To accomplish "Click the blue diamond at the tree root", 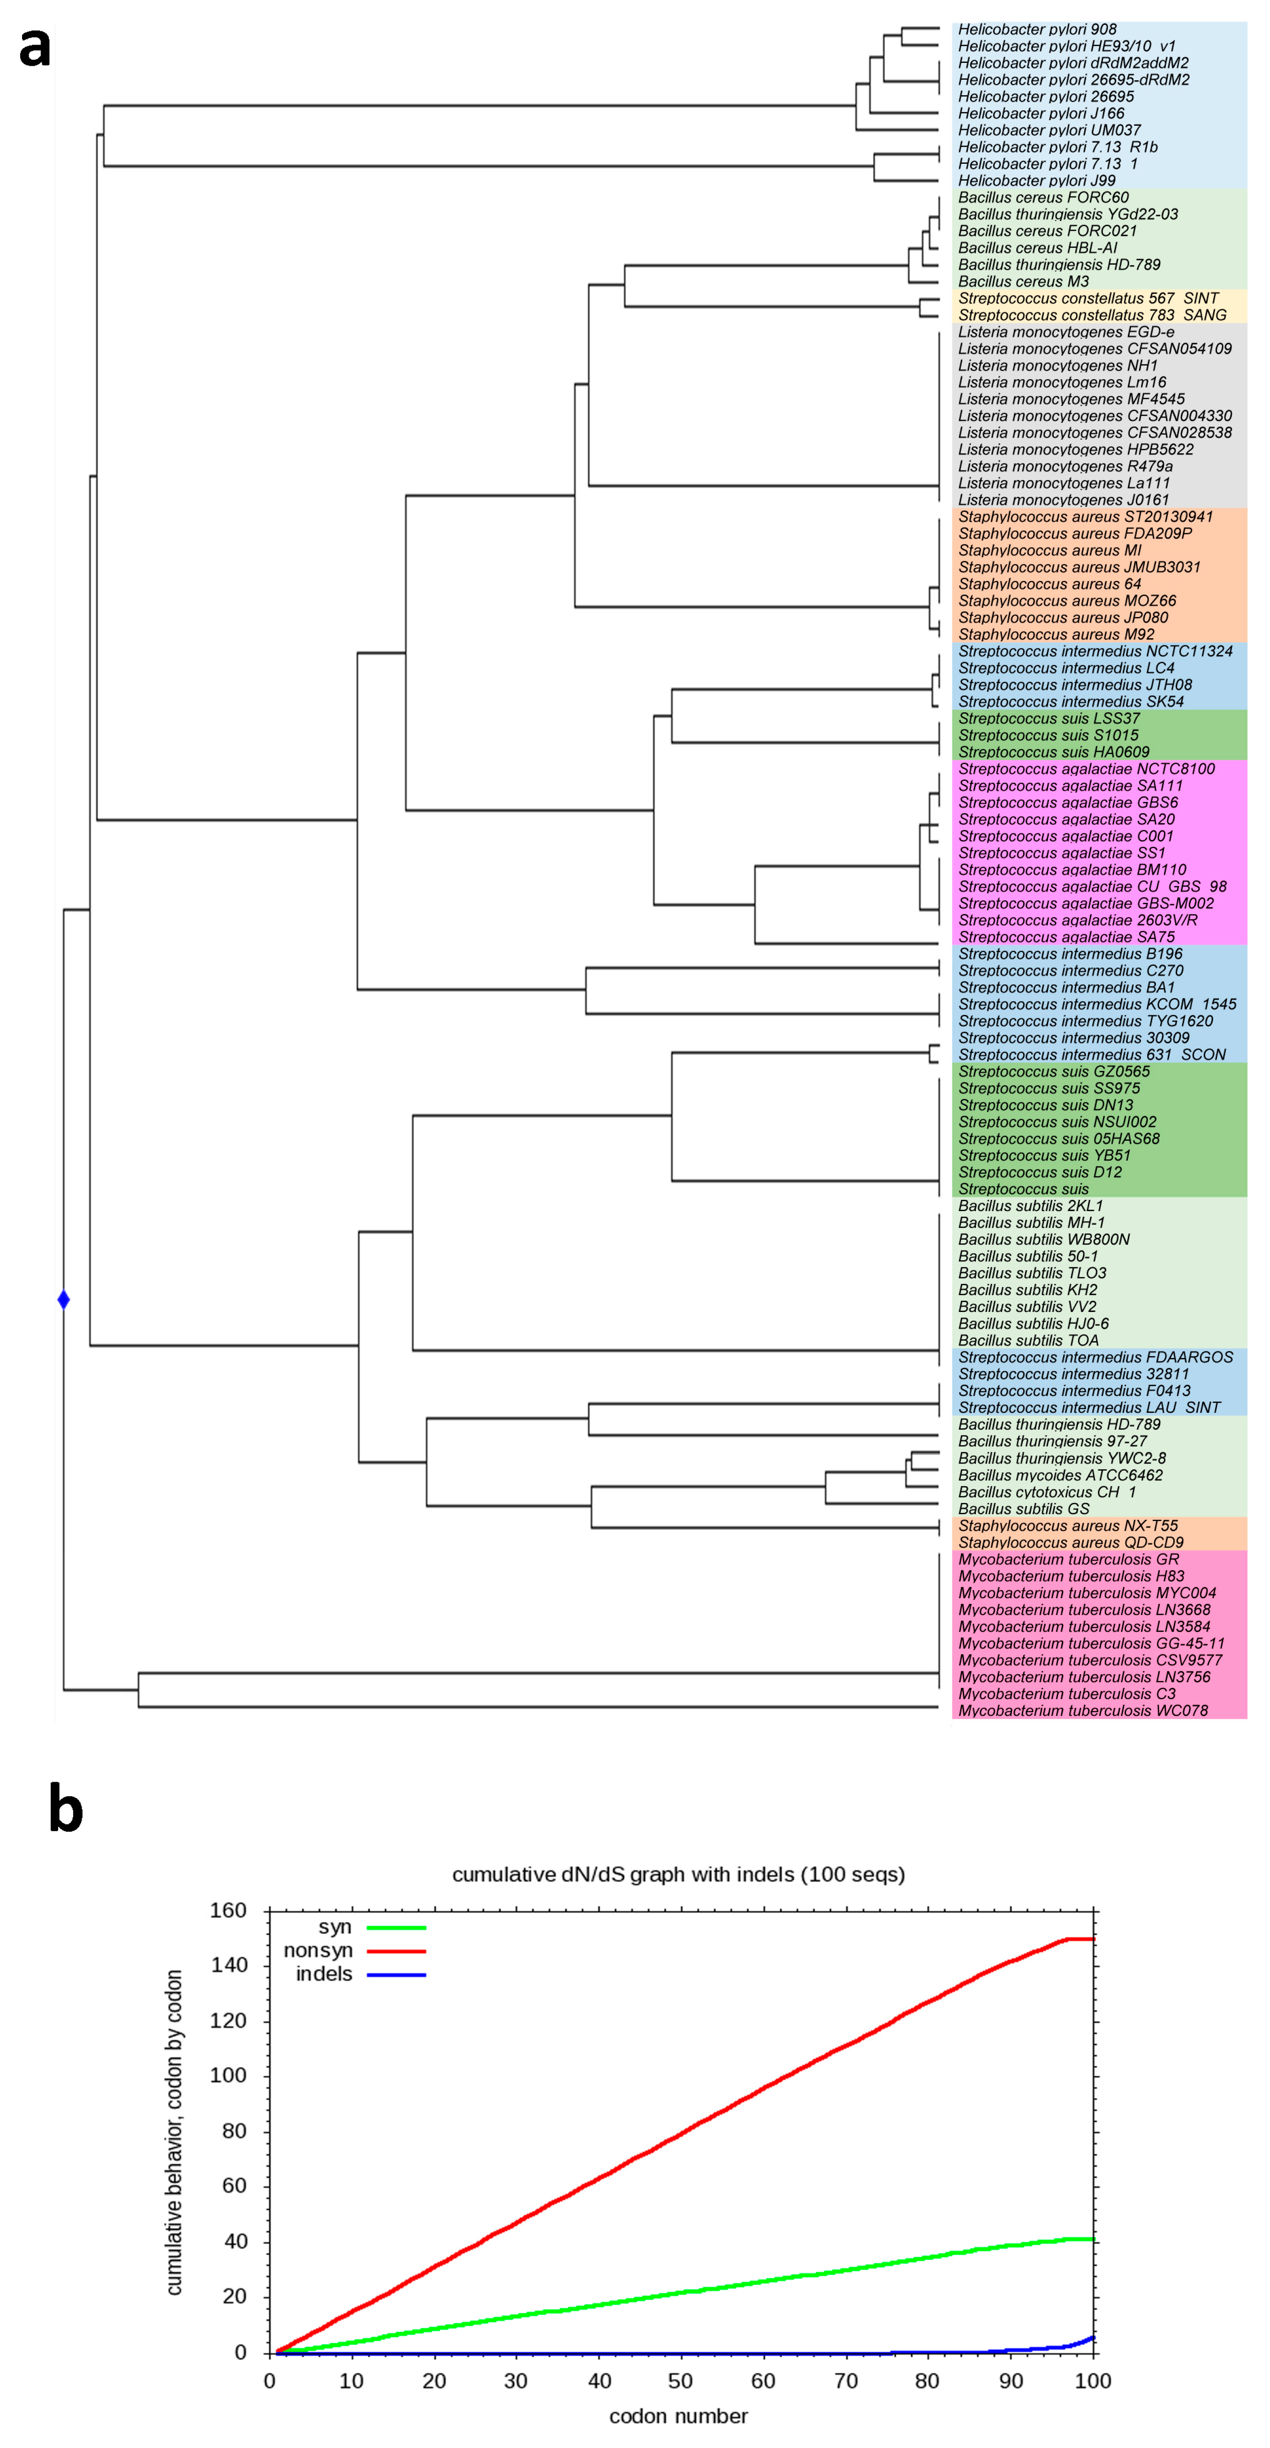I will coord(64,1299).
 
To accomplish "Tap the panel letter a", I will coord(35,47).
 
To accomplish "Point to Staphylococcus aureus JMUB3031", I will coord(1079,567).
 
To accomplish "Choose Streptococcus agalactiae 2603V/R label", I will coord(1077,920).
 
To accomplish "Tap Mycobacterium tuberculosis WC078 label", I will coord(1083,1710).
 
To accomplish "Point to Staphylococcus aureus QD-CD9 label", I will coord(1071,1542).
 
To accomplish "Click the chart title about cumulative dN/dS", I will coord(678,1875).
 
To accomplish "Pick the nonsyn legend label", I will coord(318,1950).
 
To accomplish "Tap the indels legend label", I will coord(324,1974).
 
